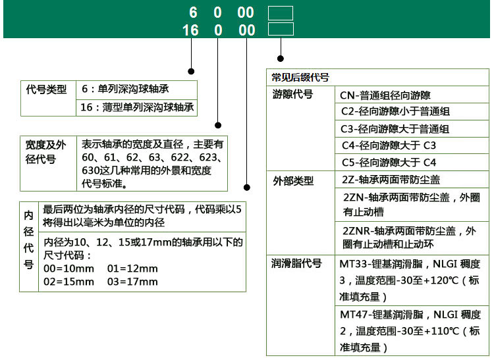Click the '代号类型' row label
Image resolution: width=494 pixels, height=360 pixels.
click(x=46, y=89)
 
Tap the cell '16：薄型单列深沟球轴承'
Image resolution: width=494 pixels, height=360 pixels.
click(x=138, y=107)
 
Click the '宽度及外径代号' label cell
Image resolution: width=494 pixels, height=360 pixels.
click(x=46, y=152)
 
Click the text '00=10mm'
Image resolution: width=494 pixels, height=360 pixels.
click(x=68, y=269)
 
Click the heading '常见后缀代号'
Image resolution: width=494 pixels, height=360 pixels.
click(x=300, y=77)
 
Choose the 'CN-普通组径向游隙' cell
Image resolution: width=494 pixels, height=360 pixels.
click(x=386, y=95)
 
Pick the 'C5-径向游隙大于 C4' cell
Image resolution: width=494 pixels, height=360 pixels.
click(x=389, y=162)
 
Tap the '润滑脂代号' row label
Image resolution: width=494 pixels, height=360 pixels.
click(x=296, y=263)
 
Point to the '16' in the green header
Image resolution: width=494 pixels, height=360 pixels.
click(x=190, y=30)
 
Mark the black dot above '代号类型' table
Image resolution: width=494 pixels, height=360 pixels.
click(x=192, y=70)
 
